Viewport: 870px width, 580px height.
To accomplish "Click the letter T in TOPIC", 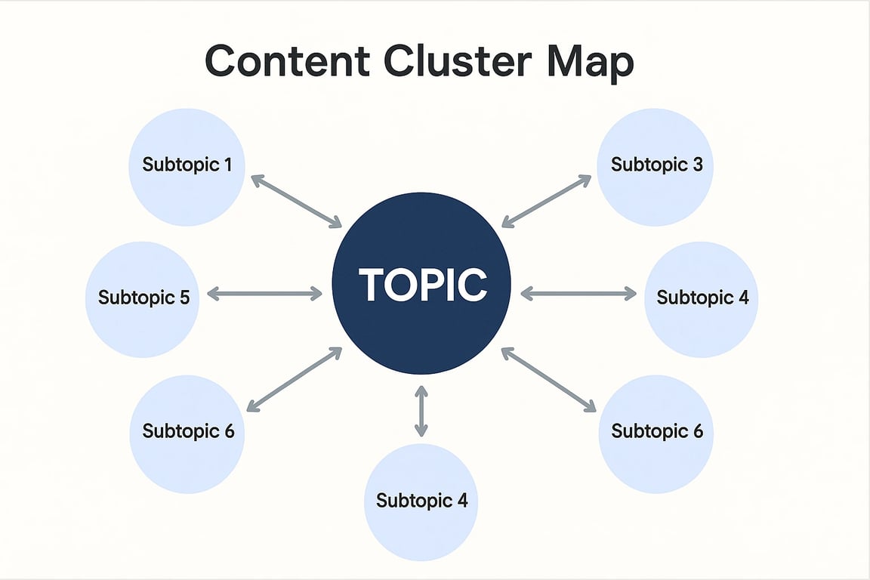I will pyautogui.click(x=372, y=285).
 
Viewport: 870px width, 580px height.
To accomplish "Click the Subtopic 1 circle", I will pyautogui.click(x=187, y=167).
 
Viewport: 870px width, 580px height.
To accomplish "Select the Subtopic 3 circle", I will pyautogui.click(x=655, y=167).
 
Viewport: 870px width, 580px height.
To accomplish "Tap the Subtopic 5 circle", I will pyautogui.click(x=143, y=298).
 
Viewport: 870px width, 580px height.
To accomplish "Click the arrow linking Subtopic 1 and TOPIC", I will pyautogui.click(x=296, y=201).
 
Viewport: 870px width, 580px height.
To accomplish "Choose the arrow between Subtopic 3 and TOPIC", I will pyautogui.click(x=547, y=201).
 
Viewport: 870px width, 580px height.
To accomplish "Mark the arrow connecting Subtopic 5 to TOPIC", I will pyautogui.click(x=264, y=294).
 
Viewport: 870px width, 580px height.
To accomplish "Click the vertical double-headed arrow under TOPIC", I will pyautogui.click(x=421, y=412).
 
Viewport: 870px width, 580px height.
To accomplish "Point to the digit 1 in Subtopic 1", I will pyautogui.click(x=227, y=164).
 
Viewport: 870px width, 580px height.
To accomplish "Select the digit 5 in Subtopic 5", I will pyautogui.click(x=184, y=297).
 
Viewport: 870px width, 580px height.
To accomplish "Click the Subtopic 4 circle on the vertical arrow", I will pyautogui.click(x=421, y=501).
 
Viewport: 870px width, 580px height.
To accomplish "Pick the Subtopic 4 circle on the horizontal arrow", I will pyautogui.click(x=702, y=298).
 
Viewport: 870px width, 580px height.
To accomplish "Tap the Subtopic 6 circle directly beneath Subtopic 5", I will pyautogui.click(x=187, y=433).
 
